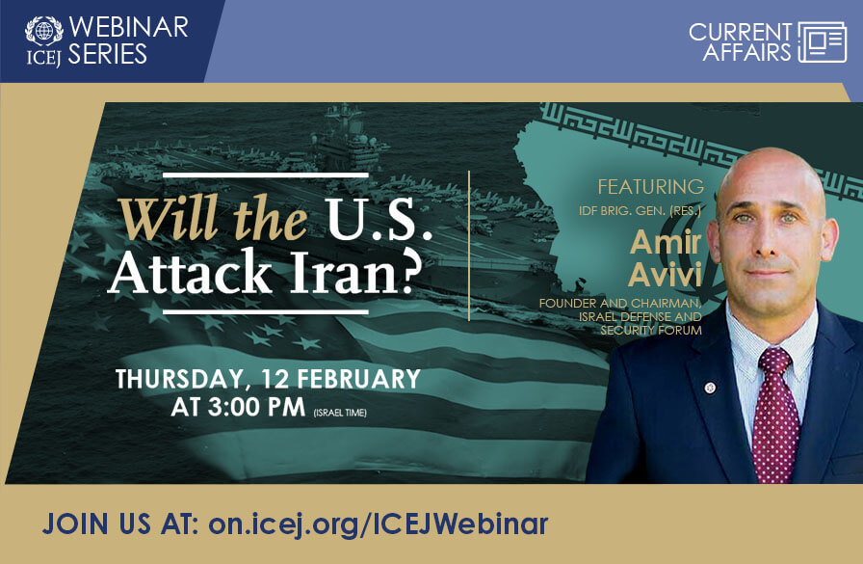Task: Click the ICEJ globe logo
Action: (x=43, y=30)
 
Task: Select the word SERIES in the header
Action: (x=109, y=53)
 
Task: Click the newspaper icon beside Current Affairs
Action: (x=822, y=42)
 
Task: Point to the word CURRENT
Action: (x=741, y=32)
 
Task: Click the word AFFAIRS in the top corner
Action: (x=746, y=53)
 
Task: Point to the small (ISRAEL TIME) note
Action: (x=339, y=413)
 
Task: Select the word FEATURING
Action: (x=650, y=186)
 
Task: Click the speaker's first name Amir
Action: (x=665, y=242)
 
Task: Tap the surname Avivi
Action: (x=666, y=275)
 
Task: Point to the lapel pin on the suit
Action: (x=710, y=388)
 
